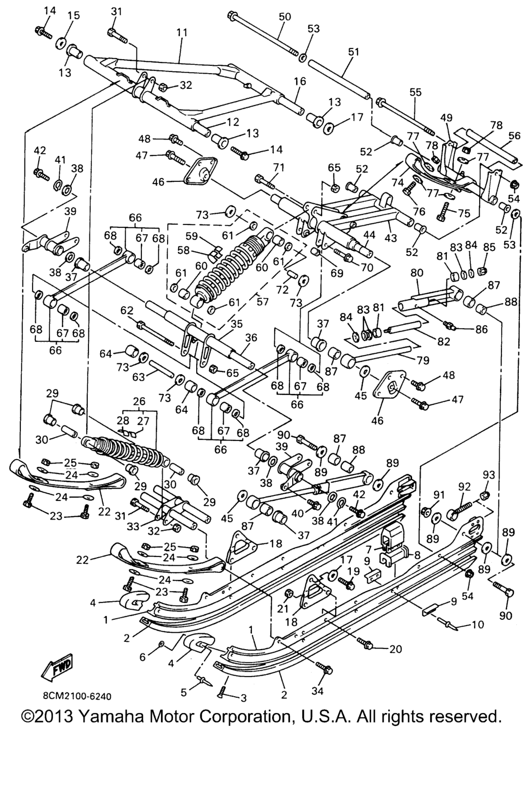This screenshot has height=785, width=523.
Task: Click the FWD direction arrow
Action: [58, 668]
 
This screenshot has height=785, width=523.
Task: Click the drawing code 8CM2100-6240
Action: [77, 696]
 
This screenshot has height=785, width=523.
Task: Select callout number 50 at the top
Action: [284, 17]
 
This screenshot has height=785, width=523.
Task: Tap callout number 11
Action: [182, 32]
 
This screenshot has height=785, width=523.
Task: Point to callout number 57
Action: [263, 302]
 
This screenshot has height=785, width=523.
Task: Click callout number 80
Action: [417, 273]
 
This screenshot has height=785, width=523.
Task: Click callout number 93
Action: [489, 475]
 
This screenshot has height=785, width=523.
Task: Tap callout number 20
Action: [395, 650]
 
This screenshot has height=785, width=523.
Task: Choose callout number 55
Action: [415, 93]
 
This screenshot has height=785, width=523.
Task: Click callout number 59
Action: [191, 236]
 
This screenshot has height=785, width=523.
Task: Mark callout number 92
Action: [464, 487]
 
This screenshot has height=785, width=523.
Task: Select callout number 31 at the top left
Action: [116, 11]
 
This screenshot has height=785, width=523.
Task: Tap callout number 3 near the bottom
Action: [243, 698]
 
